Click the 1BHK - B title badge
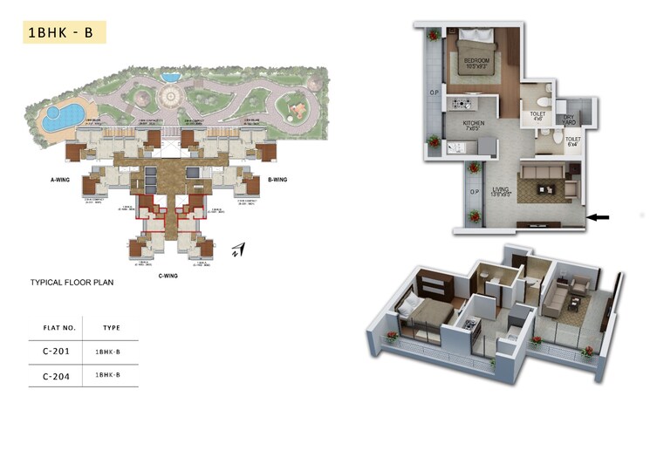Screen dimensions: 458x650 tap(60, 32)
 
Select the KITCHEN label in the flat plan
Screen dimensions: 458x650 tap(475, 124)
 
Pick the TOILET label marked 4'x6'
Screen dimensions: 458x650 tap(537, 114)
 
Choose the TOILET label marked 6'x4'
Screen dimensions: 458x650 tap(572, 140)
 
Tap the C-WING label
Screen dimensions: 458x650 tap(169, 275)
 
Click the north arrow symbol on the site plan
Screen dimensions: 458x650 tap(238, 250)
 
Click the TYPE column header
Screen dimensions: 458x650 tap(111, 328)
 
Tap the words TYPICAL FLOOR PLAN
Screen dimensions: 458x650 tap(72, 283)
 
